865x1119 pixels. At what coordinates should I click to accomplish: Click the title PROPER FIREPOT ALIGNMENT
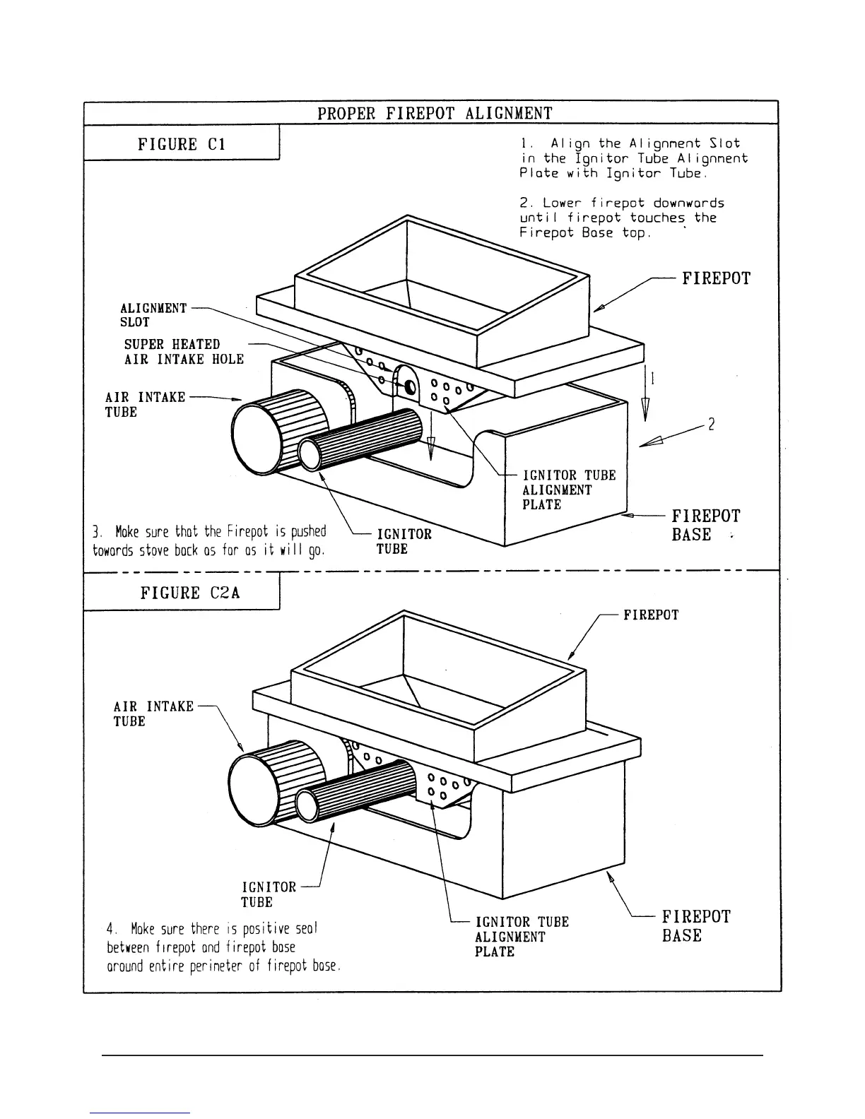point(434,113)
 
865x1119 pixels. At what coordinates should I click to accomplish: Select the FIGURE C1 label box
point(182,144)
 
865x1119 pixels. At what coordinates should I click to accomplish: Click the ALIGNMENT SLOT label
point(153,315)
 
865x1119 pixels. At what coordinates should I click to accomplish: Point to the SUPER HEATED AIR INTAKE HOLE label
point(184,352)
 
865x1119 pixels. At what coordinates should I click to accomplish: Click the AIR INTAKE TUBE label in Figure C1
point(145,404)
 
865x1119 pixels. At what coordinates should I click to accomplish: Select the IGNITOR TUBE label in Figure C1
point(403,541)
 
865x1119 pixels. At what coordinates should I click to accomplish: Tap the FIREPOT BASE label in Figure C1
point(705,525)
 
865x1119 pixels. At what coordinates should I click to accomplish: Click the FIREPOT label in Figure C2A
point(650,615)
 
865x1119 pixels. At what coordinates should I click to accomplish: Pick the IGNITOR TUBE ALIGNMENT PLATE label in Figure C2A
point(521,936)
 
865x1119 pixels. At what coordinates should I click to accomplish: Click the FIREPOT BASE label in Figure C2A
point(695,925)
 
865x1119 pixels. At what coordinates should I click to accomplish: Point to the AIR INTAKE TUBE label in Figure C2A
point(153,714)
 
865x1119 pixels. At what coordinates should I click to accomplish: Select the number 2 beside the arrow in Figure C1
point(712,425)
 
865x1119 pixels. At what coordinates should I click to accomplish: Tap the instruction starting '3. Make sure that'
point(210,540)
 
